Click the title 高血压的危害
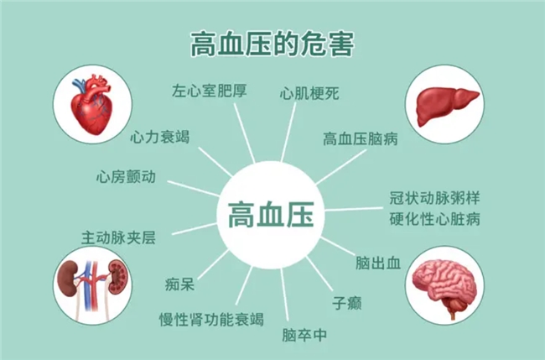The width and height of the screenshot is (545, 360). click(x=272, y=44)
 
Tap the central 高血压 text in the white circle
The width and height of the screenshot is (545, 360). click(x=271, y=214)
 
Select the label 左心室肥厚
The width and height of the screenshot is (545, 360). click(x=210, y=91)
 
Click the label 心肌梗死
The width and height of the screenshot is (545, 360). click(x=309, y=93)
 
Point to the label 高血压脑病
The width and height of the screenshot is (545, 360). click(x=360, y=138)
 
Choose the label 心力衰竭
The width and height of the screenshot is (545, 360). click(x=160, y=137)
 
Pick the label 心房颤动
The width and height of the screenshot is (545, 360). click(x=126, y=177)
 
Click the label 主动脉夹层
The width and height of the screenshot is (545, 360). click(x=118, y=238)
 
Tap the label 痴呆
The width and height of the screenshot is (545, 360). click(x=179, y=284)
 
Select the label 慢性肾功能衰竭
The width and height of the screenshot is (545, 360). click(x=211, y=319)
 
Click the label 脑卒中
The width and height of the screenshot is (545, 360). click(x=304, y=335)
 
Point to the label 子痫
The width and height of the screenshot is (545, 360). click(x=347, y=303)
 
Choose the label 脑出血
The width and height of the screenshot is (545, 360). click(x=378, y=263)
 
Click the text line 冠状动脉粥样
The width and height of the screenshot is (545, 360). click(x=434, y=198)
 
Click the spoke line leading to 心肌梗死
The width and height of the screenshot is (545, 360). click(x=288, y=133)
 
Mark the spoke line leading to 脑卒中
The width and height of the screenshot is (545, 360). click(x=284, y=295)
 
